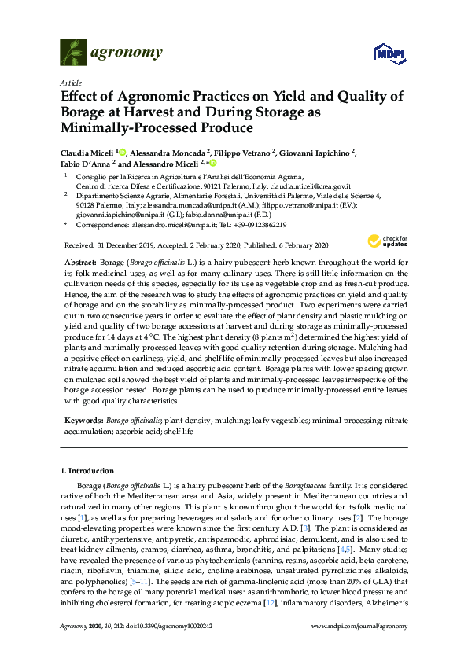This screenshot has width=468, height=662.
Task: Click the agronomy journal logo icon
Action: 73,52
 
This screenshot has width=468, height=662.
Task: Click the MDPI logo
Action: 385,53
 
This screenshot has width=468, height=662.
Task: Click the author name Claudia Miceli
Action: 87,152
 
